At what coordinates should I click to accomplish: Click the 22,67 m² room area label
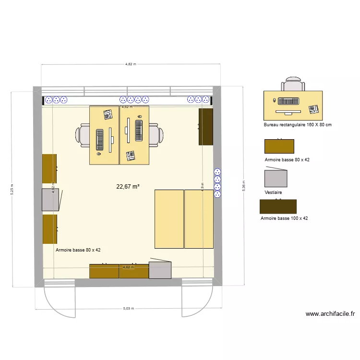tap(128, 187)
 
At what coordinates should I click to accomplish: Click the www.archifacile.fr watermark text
tap(330, 314)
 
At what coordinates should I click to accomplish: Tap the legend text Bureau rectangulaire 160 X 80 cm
tap(298, 125)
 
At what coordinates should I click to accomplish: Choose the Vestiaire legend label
tap(273, 192)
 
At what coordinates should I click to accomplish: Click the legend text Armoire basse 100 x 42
tap(284, 218)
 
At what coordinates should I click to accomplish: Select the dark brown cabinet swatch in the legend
tap(278, 207)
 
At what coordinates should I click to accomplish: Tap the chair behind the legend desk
tap(293, 84)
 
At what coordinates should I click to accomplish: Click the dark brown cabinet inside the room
tap(206, 126)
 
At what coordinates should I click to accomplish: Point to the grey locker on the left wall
tap(50, 200)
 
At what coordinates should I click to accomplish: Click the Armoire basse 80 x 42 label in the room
tap(78, 250)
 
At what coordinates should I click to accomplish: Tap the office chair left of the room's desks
tap(83, 135)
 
